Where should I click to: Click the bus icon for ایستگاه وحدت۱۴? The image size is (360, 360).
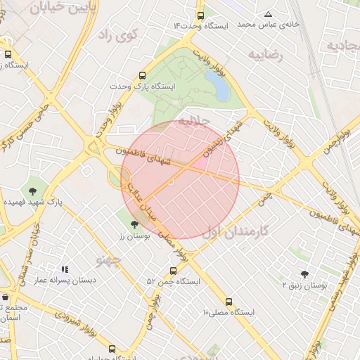pos(201,15)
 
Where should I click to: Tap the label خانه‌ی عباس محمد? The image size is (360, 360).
pos(269,24)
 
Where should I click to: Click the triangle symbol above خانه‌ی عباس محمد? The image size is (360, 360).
pos(268,14)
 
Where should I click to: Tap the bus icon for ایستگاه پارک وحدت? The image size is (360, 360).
pos(143,75)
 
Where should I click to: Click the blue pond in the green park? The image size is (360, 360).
pos(220,88)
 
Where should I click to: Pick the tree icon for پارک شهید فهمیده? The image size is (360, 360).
pos(32,191)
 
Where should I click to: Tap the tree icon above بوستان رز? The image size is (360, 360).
pos(134,225)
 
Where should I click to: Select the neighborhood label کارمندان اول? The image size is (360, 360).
pos(236,231)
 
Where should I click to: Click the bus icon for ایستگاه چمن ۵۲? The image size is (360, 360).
pos(173,271)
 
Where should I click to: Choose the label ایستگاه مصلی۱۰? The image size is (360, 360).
pos(229,311)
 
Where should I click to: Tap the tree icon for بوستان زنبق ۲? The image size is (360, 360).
pos(304,274)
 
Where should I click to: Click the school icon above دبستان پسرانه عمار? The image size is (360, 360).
pos(65,269)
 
